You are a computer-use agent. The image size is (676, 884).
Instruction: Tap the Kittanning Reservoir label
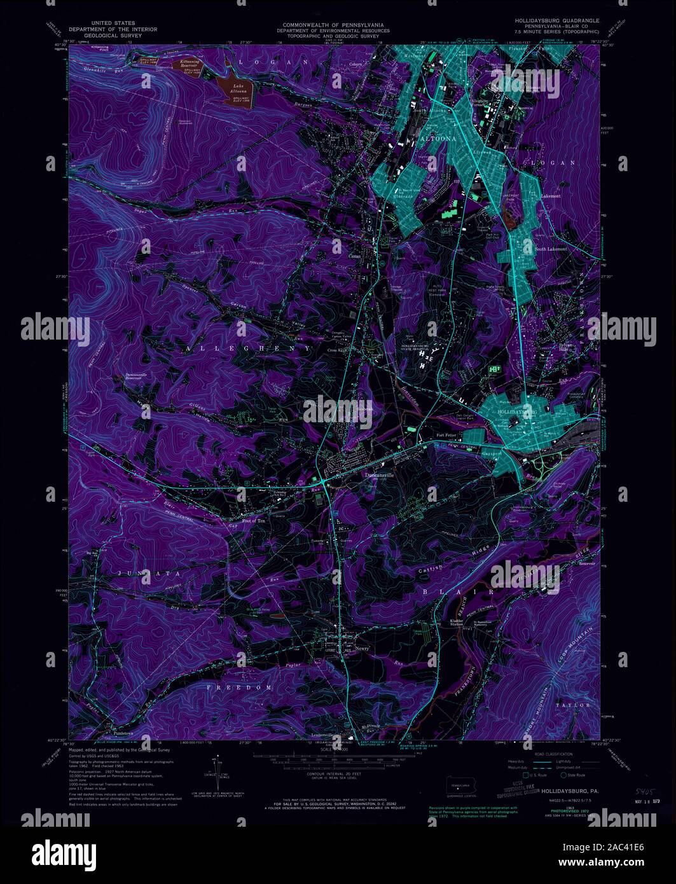tap(188, 65)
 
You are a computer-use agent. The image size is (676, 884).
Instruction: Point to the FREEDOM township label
tap(242, 687)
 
